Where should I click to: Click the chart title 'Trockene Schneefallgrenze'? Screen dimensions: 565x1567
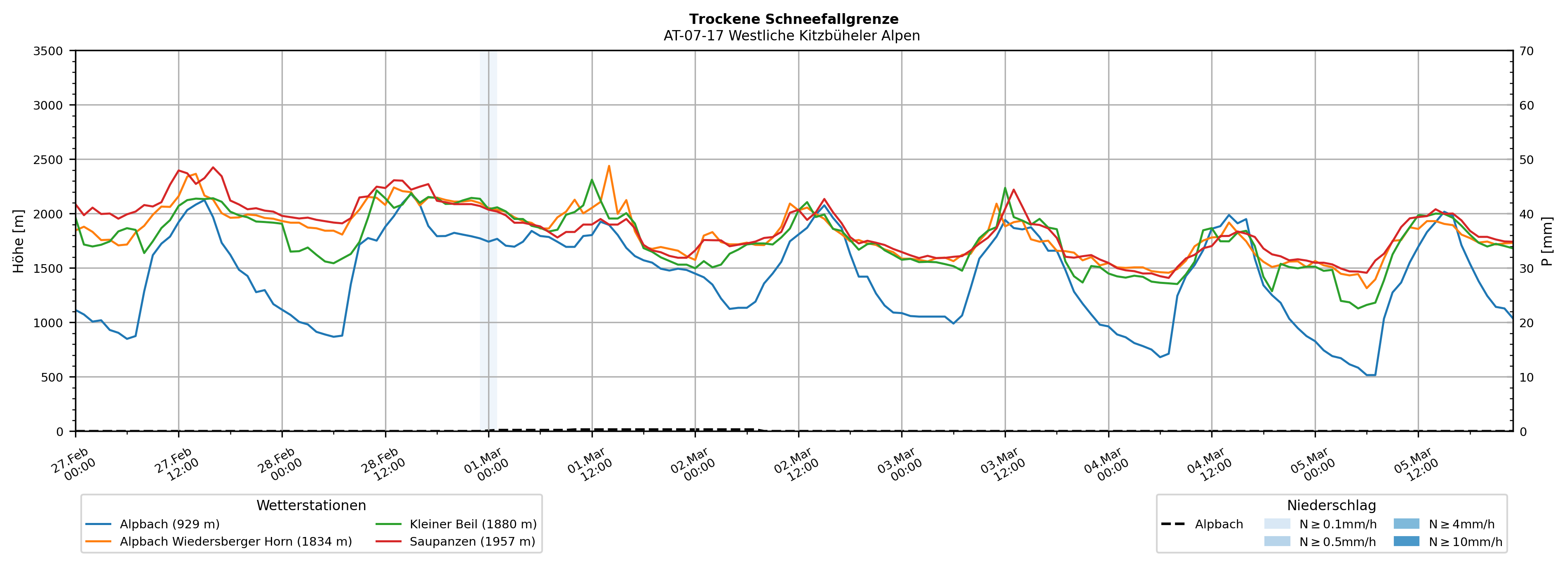tap(793, 19)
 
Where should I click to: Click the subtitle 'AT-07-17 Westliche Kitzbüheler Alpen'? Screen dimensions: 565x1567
tap(792, 36)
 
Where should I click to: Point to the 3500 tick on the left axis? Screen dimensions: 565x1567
tap(48, 51)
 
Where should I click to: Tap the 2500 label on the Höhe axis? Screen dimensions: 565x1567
tap(48, 160)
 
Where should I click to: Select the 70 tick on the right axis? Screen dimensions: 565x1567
tap(1526, 51)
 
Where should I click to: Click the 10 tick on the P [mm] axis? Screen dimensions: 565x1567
tap(1526, 377)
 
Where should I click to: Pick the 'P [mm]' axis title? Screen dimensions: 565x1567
tap(1547, 241)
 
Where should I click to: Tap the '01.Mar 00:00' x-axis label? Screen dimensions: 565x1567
tap(485, 465)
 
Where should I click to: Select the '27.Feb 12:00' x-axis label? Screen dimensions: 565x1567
tap(176, 465)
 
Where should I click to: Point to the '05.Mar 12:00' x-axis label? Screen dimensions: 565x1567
tap(1416, 465)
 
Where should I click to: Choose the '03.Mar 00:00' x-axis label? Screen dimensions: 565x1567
tap(899, 465)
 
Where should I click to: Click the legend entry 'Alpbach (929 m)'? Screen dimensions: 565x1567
tap(169, 524)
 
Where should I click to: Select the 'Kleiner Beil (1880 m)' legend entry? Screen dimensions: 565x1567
tap(472, 524)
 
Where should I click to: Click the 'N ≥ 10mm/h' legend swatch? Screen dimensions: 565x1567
tap(1406, 541)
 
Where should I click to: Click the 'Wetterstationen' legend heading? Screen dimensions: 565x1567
tap(311, 505)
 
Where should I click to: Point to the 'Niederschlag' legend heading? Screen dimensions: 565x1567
tap(1331, 505)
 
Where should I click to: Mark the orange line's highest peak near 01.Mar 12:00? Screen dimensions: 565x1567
tap(609, 166)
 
